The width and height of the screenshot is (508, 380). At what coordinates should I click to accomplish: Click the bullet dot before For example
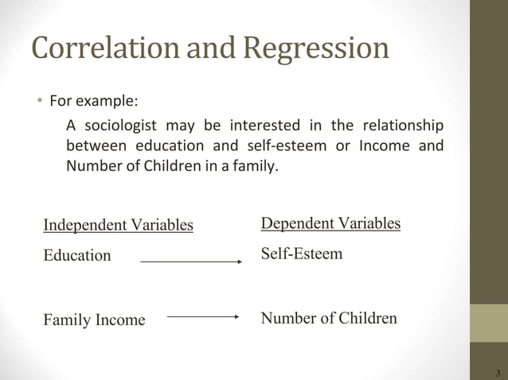(37, 102)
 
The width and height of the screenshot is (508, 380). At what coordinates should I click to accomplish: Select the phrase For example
(93, 102)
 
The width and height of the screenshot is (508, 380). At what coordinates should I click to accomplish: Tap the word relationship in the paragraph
(403, 126)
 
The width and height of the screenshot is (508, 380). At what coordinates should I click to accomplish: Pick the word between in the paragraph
(92, 147)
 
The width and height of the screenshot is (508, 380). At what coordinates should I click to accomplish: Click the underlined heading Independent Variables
(118, 225)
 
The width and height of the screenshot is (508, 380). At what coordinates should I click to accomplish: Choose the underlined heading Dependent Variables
(330, 223)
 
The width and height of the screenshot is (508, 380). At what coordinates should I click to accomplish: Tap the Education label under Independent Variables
(77, 256)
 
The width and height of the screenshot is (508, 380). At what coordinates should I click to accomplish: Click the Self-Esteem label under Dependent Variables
(302, 254)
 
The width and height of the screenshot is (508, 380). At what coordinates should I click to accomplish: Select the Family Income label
(94, 320)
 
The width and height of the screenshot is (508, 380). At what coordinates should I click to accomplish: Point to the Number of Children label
(329, 319)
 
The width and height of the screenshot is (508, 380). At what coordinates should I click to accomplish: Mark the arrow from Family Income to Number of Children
(203, 316)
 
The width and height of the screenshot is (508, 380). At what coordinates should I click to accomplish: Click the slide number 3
(498, 373)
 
